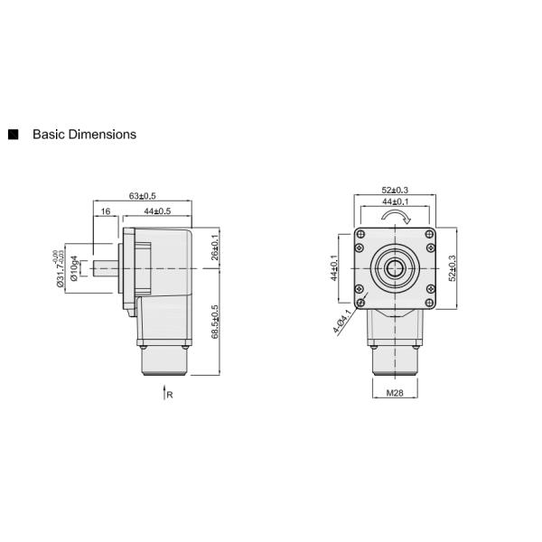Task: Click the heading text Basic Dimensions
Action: [84, 135]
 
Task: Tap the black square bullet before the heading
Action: [14, 135]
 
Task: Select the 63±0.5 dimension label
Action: [143, 196]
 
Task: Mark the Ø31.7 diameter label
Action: [61, 268]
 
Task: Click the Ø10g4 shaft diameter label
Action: [74, 269]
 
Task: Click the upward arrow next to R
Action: [163, 393]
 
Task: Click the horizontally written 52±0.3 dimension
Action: [395, 190]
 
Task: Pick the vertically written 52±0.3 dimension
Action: [452, 268]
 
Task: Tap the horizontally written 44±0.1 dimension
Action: [395, 202]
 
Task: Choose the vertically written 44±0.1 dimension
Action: [333, 268]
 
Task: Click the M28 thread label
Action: [394, 393]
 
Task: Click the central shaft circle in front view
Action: [395, 268]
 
